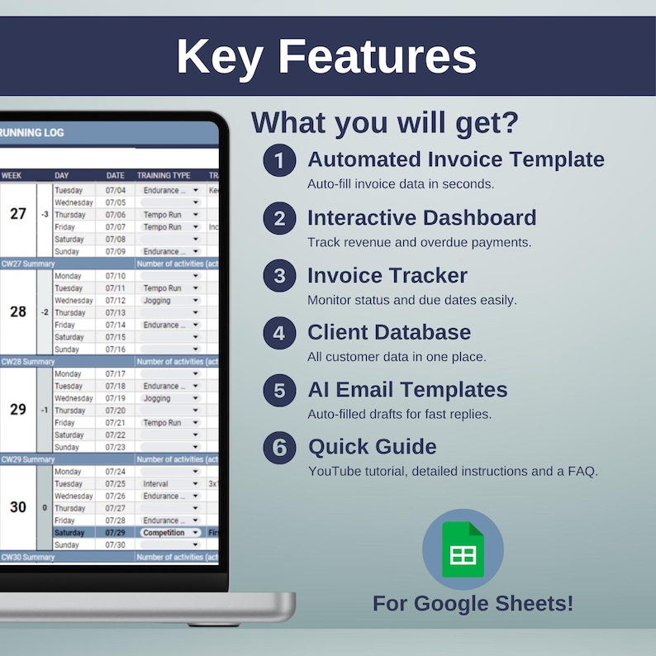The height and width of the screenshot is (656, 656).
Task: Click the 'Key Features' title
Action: (x=326, y=57)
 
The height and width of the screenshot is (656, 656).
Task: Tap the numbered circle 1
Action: (x=279, y=160)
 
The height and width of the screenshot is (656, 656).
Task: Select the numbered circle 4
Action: (x=279, y=333)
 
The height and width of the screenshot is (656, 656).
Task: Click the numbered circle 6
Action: (x=279, y=448)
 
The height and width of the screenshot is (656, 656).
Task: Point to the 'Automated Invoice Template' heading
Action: (x=455, y=159)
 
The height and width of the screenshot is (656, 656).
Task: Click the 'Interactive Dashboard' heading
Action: (x=421, y=217)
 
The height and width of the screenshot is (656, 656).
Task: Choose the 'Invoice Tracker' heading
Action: (x=387, y=275)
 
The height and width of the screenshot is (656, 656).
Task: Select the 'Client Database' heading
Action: (x=389, y=332)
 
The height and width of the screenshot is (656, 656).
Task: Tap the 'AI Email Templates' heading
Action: (x=407, y=390)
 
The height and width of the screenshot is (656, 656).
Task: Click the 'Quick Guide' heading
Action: (x=372, y=447)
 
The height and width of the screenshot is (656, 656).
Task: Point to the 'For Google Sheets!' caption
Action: (x=473, y=603)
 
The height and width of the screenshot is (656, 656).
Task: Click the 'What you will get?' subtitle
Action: (x=385, y=122)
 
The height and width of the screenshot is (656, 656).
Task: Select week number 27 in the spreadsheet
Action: (x=18, y=214)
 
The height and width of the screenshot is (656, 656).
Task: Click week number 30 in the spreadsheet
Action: (x=18, y=507)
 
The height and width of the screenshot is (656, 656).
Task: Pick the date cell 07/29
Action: (x=115, y=533)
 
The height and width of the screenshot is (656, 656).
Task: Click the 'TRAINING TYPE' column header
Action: (x=164, y=175)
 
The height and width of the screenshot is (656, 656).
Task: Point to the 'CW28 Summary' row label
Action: (x=27, y=362)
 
